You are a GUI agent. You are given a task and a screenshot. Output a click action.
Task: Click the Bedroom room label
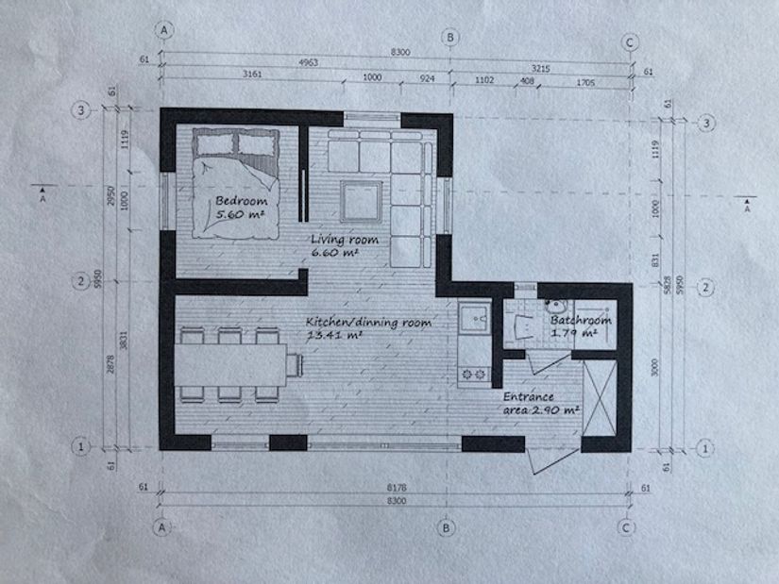coord(240,201)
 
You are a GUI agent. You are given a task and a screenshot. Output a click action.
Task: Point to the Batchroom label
coord(581,320)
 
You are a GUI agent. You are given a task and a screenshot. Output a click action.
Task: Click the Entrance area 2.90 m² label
coord(541,404)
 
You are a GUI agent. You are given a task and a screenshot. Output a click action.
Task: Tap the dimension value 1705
coord(584,81)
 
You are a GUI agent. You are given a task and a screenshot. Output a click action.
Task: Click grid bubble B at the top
coord(451,37)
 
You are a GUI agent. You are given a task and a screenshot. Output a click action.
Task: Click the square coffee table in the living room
coord(362,200)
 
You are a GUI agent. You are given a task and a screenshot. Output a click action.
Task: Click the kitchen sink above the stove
coord(473,318)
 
